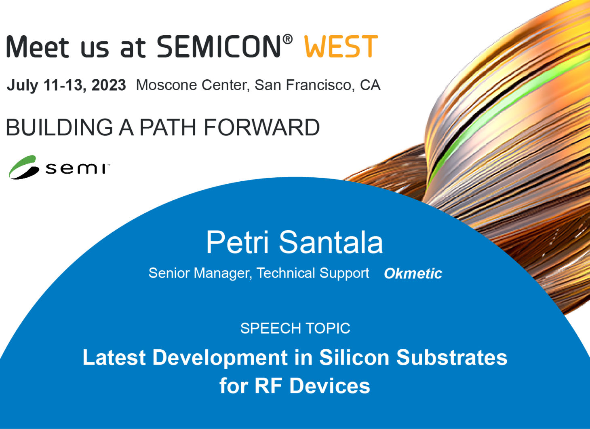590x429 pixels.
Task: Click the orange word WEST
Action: pyautogui.click(x=341, y=46)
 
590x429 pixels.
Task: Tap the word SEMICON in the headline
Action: pyautogui.click(x=219, y=46)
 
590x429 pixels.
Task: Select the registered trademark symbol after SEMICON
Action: pyautogui.click(x=288, y=39)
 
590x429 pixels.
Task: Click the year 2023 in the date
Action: pyautogui.click(x=109, y=85)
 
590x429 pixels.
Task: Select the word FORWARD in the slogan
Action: pyautogui.click(x=261, y=127)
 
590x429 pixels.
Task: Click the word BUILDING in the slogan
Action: pyautogui.click(x=59, y=127)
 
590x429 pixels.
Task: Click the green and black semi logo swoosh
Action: pyautogui.click(x=23, y=168)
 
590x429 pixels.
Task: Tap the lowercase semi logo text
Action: pyautogui.click(x=76, y=169)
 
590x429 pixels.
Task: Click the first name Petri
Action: pyautogui.click(x=237, y=242)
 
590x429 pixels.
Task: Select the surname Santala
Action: pyautogui.click(x=331, y=242)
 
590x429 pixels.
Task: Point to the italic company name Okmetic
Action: pyautogui.click(x=413, y=273)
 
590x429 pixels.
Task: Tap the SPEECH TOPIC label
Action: pyautogui.click(x=295, y=328)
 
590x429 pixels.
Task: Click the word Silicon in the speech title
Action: pyautogui.click(x=354, y=357)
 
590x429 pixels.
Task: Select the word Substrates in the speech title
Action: pyautogui.click(x=452, y=357)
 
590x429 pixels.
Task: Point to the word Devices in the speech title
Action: pyautogui.click(x=330, y=386)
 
